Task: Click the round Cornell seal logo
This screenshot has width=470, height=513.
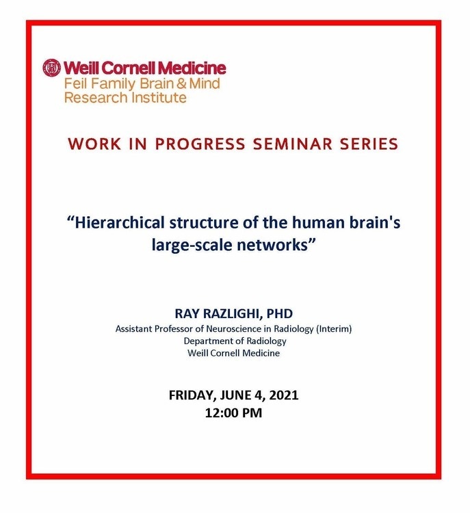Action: click(x=52, y=68)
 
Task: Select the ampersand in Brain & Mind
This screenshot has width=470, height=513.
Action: click(x=181, y=83)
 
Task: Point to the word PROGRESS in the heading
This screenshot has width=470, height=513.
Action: click(x=200, y=144)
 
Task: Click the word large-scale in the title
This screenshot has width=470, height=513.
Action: click(x=192, y=246)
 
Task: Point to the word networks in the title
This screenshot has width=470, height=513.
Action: click(x=272, y=245)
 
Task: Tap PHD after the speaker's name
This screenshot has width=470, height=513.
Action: click(x=280, y=314)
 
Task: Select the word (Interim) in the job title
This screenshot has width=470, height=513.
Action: click(x=334, y=329)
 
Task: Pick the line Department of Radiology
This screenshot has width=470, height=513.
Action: click(x=235, y=341)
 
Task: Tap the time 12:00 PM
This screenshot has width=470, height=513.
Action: click(x=234, y=413)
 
